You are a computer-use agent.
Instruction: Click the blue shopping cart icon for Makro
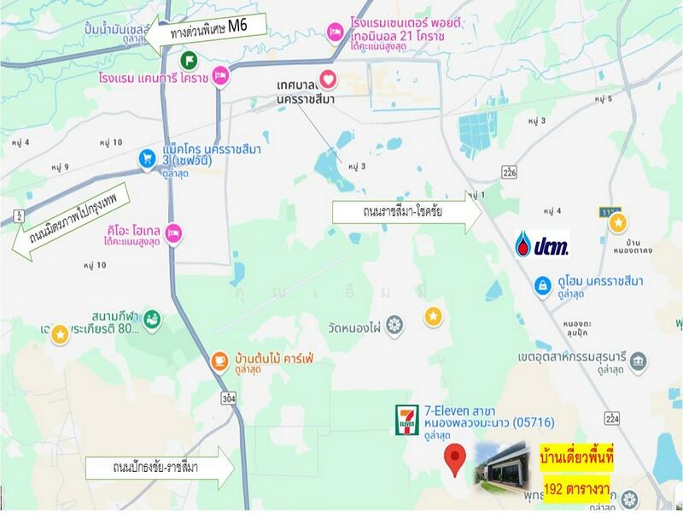(147, 158)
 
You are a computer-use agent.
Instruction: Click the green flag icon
(190, 60)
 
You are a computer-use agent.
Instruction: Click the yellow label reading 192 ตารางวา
(578, 490)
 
